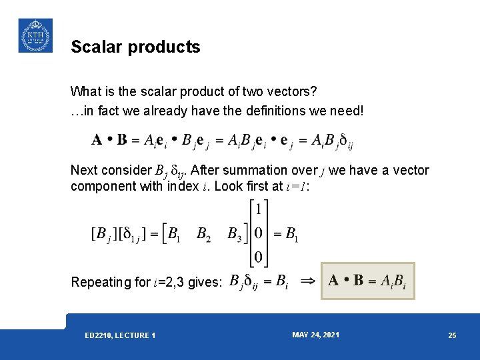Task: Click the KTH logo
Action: (x=35, y=35)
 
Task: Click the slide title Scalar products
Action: (x=135, y=47)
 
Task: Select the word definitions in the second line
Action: (x=267, y=110)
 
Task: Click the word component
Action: (x=102, y=186)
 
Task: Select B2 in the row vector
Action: (x=203, y=234)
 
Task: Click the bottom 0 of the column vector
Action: (x=259, y=257)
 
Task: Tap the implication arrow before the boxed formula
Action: (x=309, y=281)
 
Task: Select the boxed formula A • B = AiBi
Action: (x=367, y=281)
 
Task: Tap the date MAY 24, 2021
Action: (x=315, y=335)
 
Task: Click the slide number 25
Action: (x=452, y=335)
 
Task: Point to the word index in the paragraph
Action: (x=183, y=186)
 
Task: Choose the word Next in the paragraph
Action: (x=83, y=171)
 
